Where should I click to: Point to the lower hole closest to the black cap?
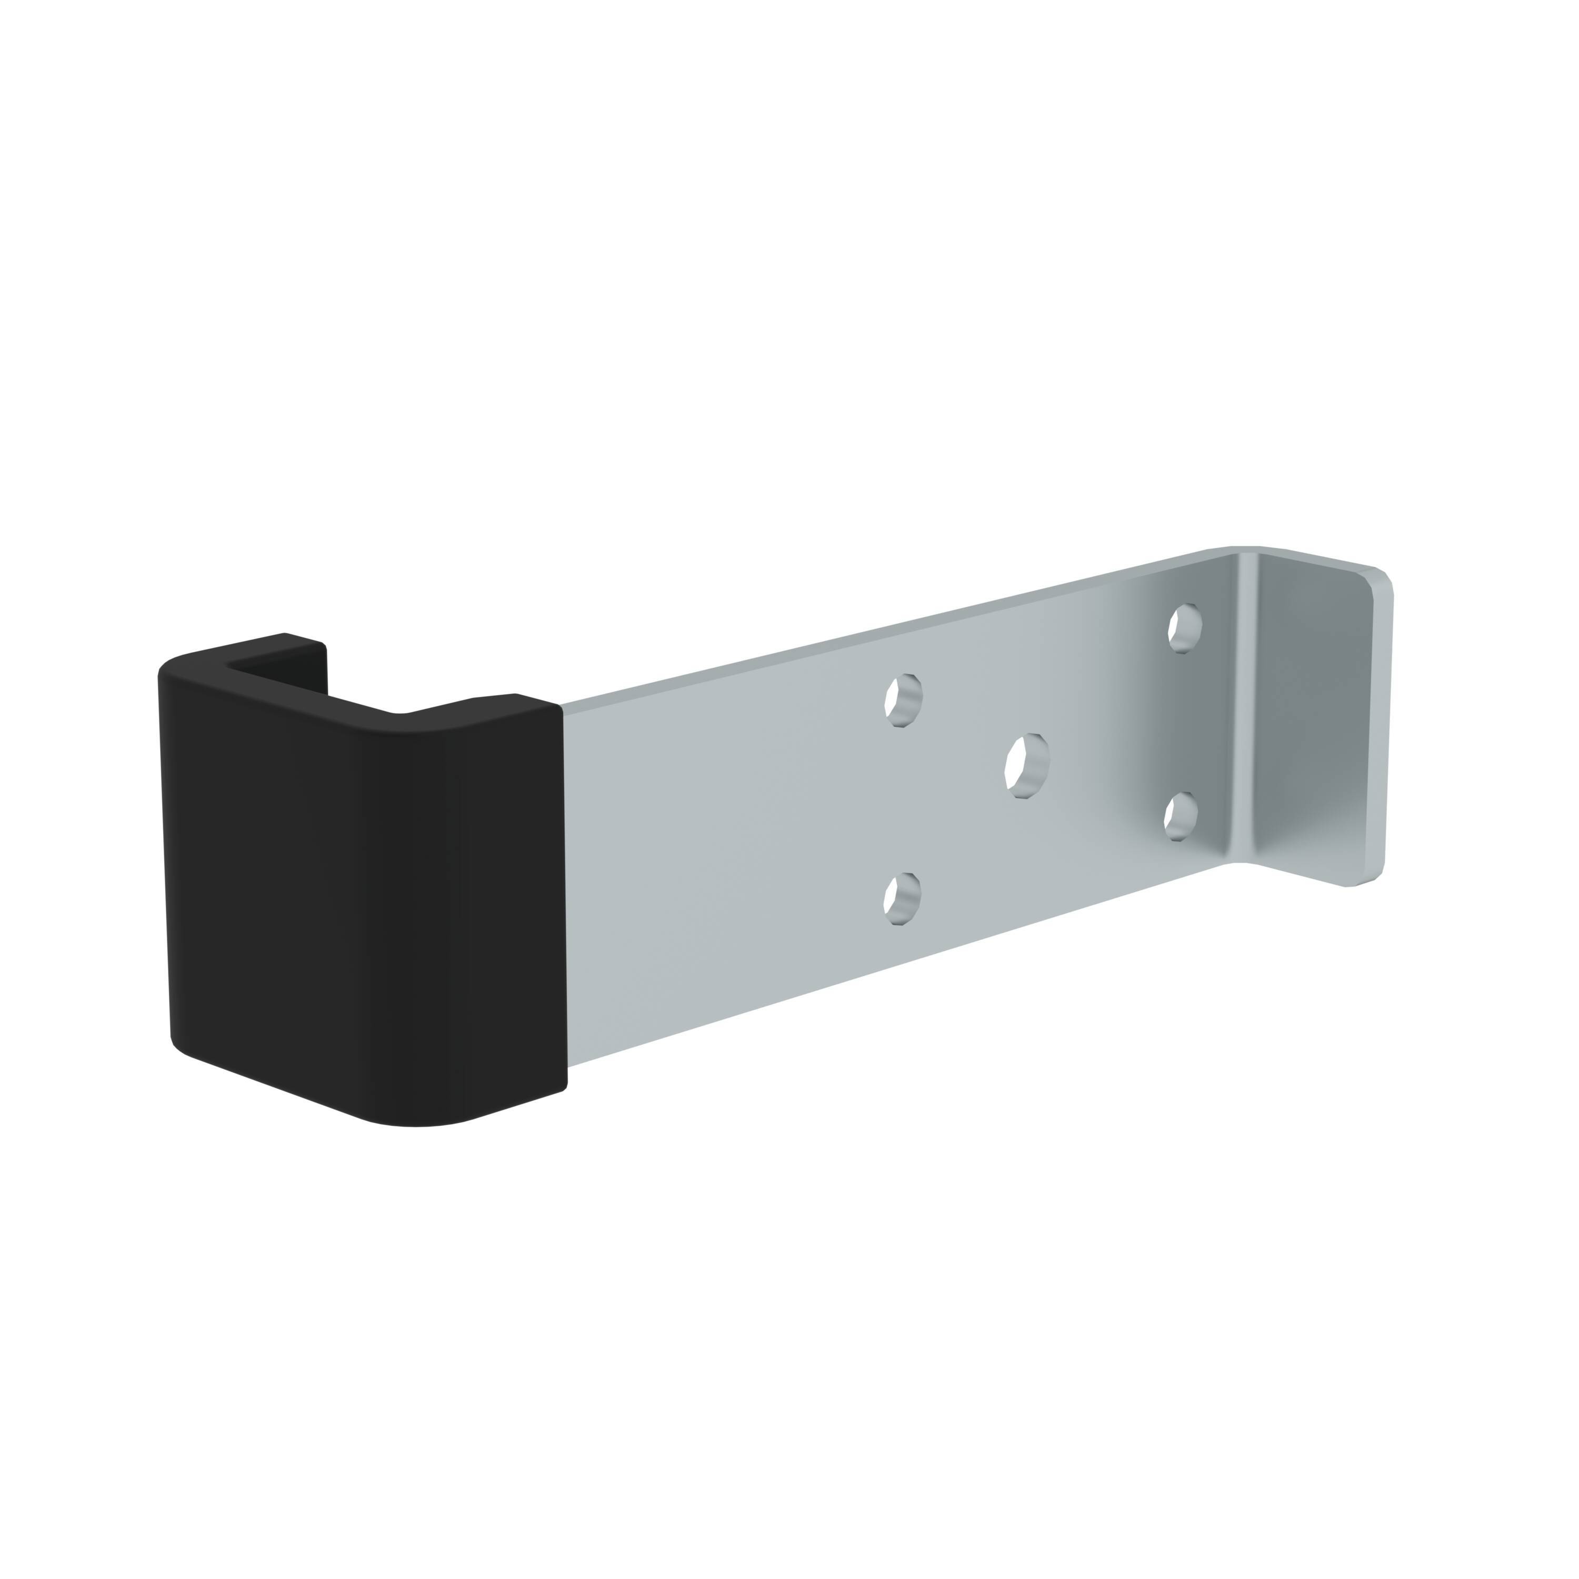tap(902, 898)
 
